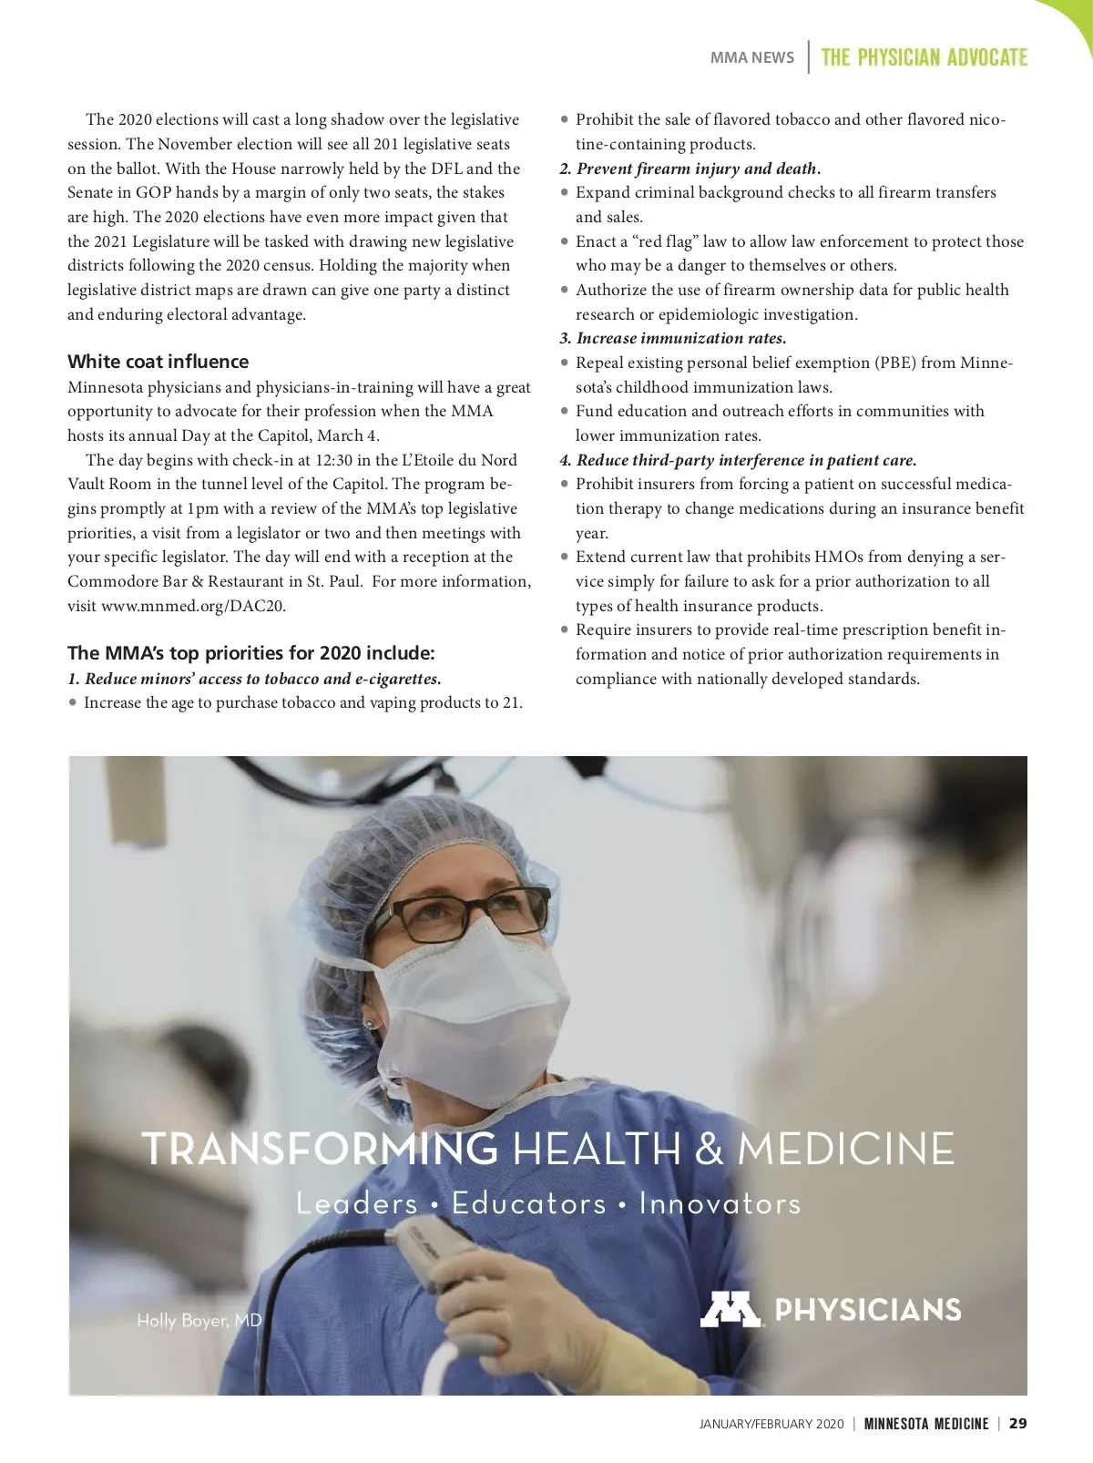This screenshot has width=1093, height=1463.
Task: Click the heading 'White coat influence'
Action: tap(158, 362)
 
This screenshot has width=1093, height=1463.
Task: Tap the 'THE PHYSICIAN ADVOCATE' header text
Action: tap(924, 58)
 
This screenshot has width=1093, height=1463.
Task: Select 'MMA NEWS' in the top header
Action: tap(751, 58)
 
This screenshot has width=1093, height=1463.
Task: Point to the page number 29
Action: tap(1018, 1424)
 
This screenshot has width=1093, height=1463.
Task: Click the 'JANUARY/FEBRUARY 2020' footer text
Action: tap(771, 1424)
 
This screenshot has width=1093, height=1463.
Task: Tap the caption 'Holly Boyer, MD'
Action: tap(199, 1320)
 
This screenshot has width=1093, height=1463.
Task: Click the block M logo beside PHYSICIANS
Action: tap(730, 1309)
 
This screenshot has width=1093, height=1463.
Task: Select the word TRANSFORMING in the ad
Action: tap(320, 1149)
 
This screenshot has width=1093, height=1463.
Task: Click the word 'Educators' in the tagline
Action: tap(528, 1203)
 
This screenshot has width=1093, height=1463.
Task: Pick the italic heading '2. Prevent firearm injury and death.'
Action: tap(690, 169)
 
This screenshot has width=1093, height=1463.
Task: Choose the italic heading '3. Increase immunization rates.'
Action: tap(672, 338)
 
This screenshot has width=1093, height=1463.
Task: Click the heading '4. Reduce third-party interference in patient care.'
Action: tap(738, 460)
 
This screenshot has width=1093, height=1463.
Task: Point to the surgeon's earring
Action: tap(370, 1024)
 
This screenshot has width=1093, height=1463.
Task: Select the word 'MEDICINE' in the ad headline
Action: tap(845, 1149)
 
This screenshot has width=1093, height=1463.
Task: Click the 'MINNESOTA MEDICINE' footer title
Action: tap(925, 1424)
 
